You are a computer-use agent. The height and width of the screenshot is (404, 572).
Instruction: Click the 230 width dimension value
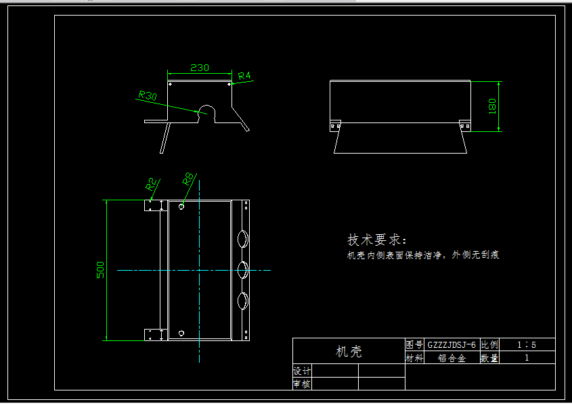[199, 68]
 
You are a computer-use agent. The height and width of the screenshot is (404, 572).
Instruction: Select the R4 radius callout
[244, 76]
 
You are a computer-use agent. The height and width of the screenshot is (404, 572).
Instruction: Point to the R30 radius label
[148, 96]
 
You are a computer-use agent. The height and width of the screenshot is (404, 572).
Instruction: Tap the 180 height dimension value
[492, 106]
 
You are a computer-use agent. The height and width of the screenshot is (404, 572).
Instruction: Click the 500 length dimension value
[101, 271]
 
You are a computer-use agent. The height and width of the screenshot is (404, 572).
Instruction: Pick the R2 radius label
[152, 184]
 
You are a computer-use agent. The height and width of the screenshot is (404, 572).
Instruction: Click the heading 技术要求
[378, 240]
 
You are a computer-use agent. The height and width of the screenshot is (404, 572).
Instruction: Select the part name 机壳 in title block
[349, 351]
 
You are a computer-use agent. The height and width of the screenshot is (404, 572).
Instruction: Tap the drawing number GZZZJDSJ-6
[452, 344]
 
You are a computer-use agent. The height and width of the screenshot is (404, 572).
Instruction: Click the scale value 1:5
[527, 344]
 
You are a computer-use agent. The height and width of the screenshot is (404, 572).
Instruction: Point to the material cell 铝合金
[452, 358]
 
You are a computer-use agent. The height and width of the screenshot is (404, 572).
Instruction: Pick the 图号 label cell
[414, 344]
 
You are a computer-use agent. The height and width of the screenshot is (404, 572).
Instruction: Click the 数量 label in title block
[489, 358]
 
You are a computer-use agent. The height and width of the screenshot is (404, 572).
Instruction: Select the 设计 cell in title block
[301, 371]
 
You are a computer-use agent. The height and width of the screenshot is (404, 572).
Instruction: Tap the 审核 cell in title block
[301, 384]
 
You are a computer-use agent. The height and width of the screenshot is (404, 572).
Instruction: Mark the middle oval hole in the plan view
[242, 270]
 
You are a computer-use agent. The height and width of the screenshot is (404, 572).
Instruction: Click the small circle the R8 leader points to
[181, 206]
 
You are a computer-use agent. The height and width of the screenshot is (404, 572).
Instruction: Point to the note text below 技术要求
[423, 255]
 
